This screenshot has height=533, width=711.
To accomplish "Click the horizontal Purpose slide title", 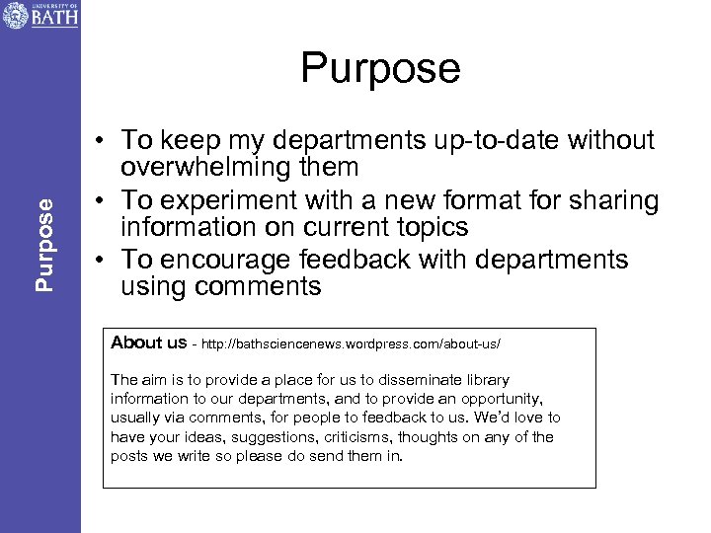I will tap(380, 68).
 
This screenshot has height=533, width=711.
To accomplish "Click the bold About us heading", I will tap(149, 343).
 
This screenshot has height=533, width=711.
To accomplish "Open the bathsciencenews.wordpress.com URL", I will tap(352, 343).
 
